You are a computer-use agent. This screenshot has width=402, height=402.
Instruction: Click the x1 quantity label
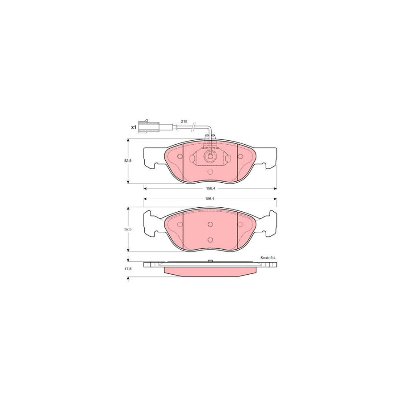[133, 127]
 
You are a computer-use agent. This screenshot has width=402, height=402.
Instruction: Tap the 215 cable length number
[184, 121]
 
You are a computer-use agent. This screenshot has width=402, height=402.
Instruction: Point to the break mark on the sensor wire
[194, 127]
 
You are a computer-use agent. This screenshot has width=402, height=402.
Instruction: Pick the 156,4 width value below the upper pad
[210, 188]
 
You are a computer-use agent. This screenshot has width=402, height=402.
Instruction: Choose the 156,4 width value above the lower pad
[210, 199]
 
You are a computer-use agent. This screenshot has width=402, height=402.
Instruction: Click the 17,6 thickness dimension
[127, 269]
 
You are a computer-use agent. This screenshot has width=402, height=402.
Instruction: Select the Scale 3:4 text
[268, 258]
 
